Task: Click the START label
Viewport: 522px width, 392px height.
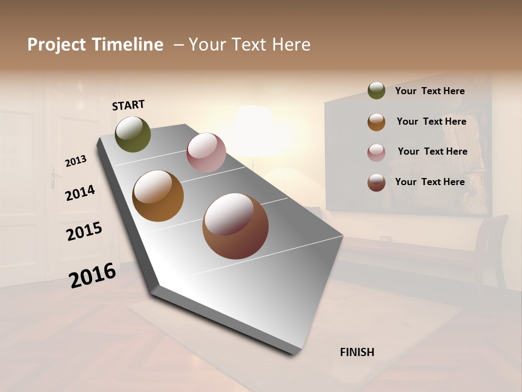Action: coord(128,105)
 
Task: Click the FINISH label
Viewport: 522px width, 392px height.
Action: coord(357,352)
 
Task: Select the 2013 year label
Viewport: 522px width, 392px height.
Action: coord(76,161)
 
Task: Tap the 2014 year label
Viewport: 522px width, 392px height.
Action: coord(80,193)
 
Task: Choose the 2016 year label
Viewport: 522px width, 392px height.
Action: coord(92,275)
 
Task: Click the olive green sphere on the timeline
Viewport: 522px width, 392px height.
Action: coord(133,134)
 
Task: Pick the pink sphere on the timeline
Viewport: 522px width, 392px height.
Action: coord(206,152)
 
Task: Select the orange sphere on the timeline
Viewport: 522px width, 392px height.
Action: coord(158,196)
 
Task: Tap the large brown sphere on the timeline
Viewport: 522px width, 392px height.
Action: coord(235,226)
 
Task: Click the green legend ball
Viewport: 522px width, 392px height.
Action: coord(376,91)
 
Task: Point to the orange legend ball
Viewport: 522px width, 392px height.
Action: coord(376,122)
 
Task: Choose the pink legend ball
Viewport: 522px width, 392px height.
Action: coord(376,152)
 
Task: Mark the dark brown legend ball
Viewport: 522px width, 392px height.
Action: coord(376,182)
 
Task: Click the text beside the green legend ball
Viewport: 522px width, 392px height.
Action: coord(430,91)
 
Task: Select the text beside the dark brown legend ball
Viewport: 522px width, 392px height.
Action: coord(430,182)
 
